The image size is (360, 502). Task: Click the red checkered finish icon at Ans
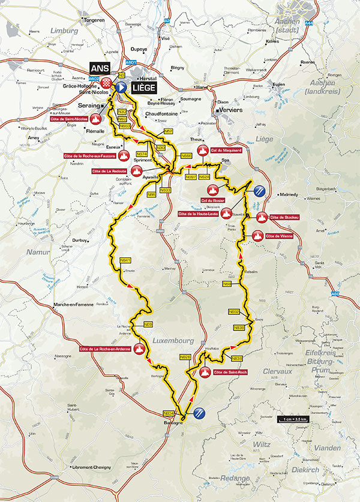click(107, 82)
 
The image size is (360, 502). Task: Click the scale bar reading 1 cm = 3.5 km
click(292, 419)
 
